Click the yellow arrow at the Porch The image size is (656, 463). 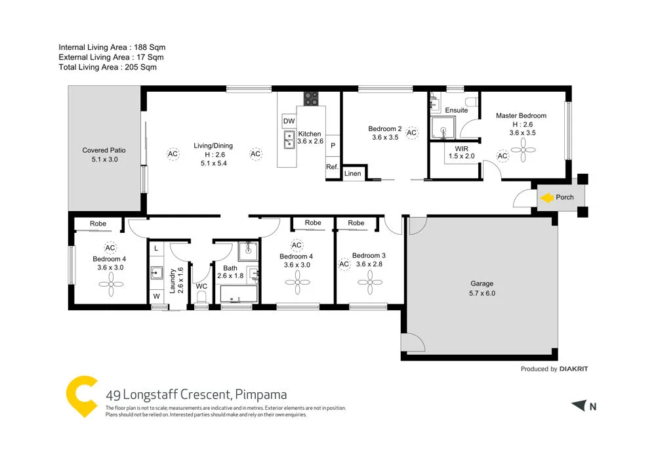pos(546,197)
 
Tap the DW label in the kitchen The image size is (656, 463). pos(289,121)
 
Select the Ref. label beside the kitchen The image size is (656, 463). pos(332,167)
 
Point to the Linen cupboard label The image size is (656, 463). pos(352,174)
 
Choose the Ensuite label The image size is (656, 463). pos(456,110)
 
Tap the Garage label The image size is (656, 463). pos(482,284)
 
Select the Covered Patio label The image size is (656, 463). pos(104,150)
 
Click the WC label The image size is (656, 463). pos(201,286)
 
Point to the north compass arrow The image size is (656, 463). pos(577,406)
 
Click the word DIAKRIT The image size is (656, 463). pos(574,369)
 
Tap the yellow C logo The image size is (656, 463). pos(82,396)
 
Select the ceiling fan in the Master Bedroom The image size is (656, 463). pos(523,153)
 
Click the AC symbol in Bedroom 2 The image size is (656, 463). pos(411,133)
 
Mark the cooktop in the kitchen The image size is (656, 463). pos(310,99)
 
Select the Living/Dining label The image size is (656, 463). pos(213,146)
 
